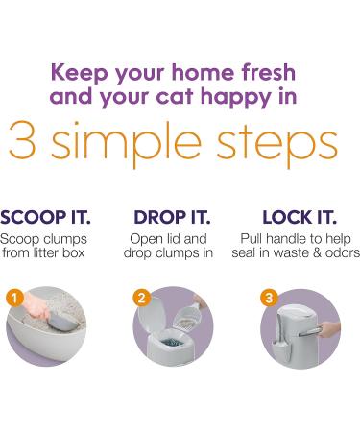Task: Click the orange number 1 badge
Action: coord(13,298)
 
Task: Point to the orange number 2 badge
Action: coord(141,298)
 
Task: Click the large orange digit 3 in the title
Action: coord(21,141)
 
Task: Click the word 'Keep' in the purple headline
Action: coord(79,73)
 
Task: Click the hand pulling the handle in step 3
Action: coord(329,328)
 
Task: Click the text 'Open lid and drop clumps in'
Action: coord(168,245)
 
